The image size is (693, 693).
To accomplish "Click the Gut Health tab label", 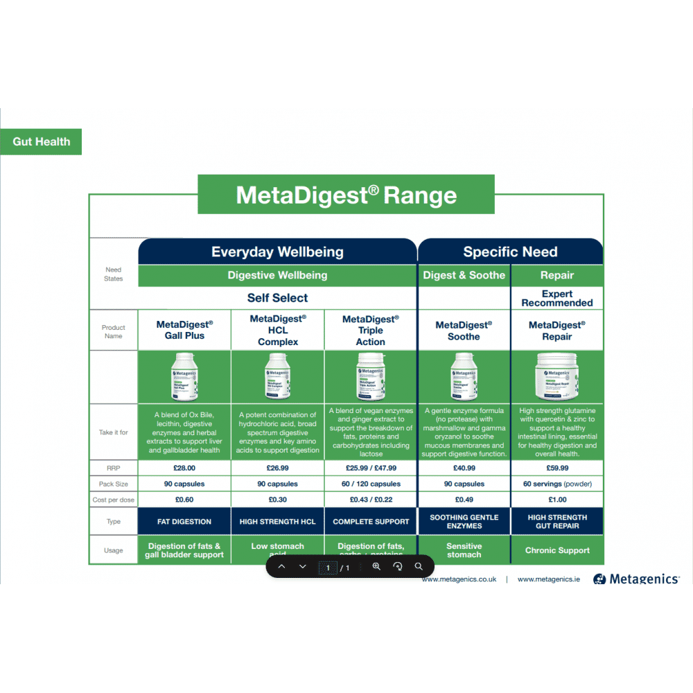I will click(x=41, y=141).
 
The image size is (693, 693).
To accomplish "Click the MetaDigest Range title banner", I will click(x=346, y=195).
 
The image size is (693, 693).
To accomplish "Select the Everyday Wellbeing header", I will click(x=277, y=252).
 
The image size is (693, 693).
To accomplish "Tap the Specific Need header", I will click(x=510, y=252).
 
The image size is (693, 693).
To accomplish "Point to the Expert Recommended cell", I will click(x=557, y=299).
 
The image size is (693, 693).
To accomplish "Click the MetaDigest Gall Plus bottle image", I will click(x=184, y=377).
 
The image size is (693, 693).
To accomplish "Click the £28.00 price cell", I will click(x=184, y=468).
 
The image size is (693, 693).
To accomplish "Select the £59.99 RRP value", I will click(x=557, y=468).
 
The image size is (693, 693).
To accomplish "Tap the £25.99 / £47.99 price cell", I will click(x=371, y=468).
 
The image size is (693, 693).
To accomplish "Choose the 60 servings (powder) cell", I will click(x=557, y=484).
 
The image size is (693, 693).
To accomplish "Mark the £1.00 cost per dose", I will click(x=557, y=500).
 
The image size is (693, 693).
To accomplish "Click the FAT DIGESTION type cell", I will click(x=184, y=522).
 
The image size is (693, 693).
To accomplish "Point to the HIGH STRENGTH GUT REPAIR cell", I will click(x=557, y=522).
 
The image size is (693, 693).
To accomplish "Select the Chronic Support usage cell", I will click(x=557, y=550).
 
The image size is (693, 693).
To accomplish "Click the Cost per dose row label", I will click(x=114, y=500).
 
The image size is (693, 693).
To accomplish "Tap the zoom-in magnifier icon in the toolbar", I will click(x=376, y=566).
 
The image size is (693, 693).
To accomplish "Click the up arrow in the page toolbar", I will click(x=281, y=566).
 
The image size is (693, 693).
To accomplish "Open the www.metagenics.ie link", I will click(x=549, y=579).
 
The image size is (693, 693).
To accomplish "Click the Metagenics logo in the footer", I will click(x=636, y=579).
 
